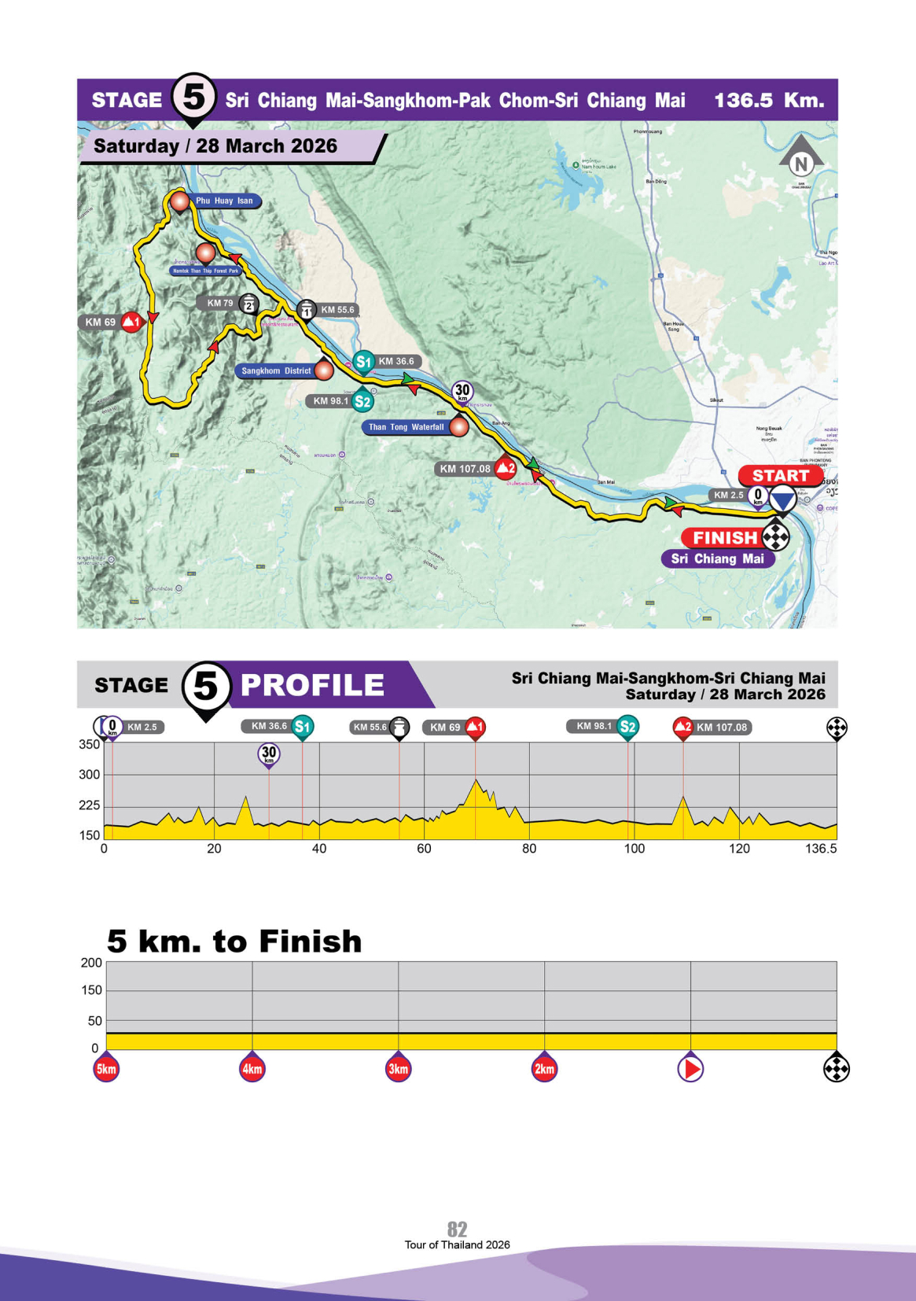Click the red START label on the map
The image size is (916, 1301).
(x=779, y=475)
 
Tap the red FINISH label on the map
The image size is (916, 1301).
(x=724, y=538)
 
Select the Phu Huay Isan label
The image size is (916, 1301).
(x=224, y=201)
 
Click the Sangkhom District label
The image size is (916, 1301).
(x=276, y=370)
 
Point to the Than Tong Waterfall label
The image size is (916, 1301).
(x=406, y=427)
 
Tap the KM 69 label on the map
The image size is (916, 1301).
(x=101, y=322)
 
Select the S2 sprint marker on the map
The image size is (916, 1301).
(x=362, y=401)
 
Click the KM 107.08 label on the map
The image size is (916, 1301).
(x=465, y=469)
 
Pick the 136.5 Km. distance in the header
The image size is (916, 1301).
(x=768, y=101)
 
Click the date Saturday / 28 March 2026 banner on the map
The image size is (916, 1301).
(x=215, y=146)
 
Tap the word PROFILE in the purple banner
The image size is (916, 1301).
(x=312, y=685)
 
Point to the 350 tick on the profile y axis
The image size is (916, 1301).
(x=89, y=744)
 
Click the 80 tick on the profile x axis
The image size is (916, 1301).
(x=529, y=849)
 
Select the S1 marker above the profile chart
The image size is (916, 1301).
(x=303, y=727)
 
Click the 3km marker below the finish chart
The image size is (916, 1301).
(x=399, y=1069)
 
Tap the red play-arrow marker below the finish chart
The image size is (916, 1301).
(x=690, y=1069)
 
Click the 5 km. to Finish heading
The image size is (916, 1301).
(x=234, y=942)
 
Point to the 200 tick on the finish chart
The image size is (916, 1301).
(x=91, y=963)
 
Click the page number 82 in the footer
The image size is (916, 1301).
(x=457, y=1229)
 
